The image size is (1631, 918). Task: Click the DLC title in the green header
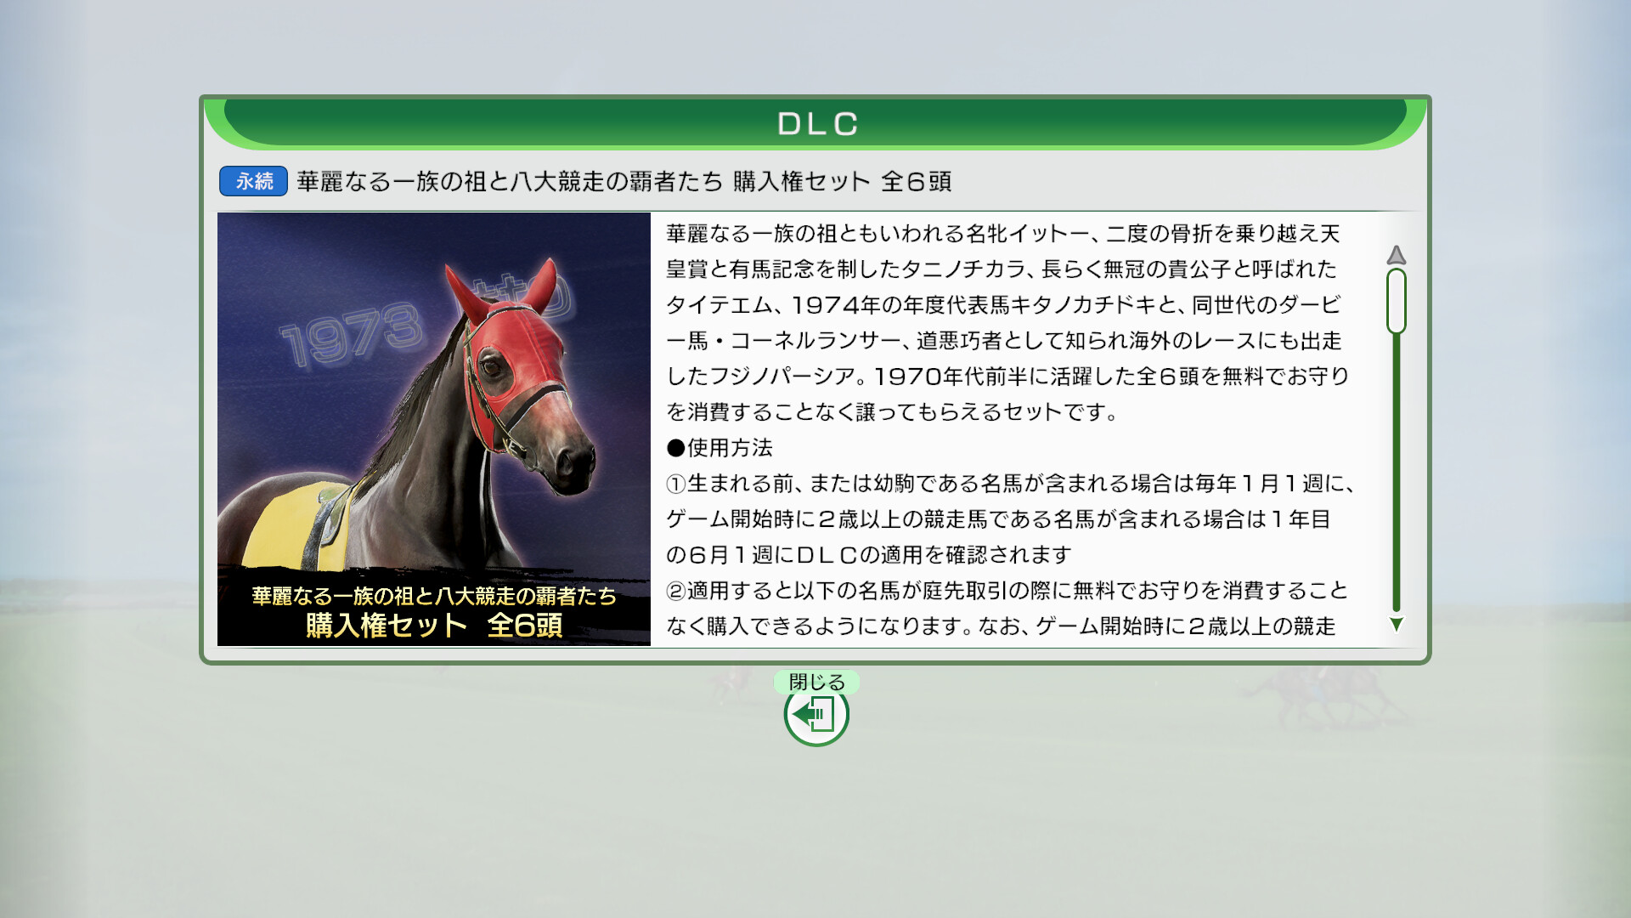coord(817,124)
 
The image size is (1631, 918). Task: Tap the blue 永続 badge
coord(253,181)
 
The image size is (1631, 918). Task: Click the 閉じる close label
coord(816,682)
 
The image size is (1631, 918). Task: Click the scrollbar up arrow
coord(1396,254)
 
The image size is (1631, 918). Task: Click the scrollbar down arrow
coord(1396,624)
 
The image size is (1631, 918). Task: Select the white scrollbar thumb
coord(1396,301)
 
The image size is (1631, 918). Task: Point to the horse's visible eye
coord(492,368)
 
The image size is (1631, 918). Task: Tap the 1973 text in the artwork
coord(351,333)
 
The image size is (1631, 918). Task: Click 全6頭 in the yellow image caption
coord(525,626)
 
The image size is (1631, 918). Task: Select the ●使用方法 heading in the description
coord(720,448)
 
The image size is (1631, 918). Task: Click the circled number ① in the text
coord(675,484)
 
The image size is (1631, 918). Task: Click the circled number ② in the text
coord(675,591)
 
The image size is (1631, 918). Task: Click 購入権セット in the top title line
coord(801,181)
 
